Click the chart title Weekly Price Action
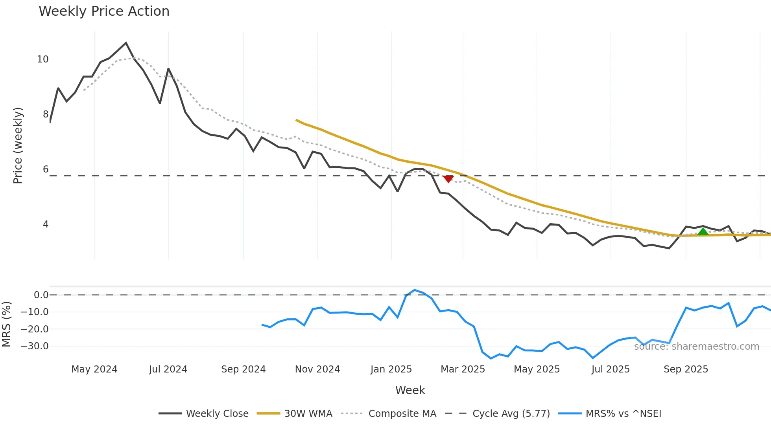pos(104,11)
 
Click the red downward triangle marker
pos(448,179)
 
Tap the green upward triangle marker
pos(703,231)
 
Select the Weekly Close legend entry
pos(217,414)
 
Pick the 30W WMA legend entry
pos(308,414)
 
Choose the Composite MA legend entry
pos(402,414)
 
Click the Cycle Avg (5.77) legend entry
pos(511,414)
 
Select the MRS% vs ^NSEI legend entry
pos(623,414)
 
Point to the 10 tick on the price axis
pos(42,59)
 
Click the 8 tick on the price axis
pos(46,114)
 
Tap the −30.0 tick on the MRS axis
pos(35,346)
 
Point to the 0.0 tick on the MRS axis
pos(41,295)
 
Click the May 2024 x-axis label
pos(94,369)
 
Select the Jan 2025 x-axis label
pos(391,369)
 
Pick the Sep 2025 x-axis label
pos(686,369)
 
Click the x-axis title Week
pos(410,390)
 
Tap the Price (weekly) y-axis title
pos(18,145)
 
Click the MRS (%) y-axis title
pos(6,324)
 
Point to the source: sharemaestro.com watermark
pos(696,347)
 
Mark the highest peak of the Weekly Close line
pos(126,43)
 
